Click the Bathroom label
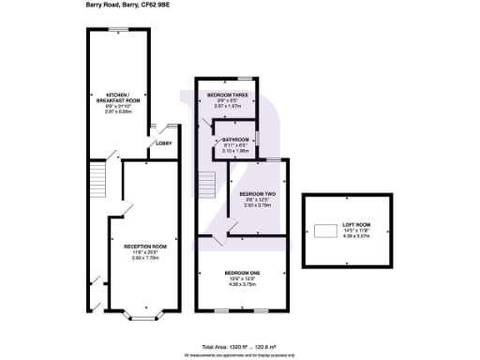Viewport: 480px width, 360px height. [x=236, y=139]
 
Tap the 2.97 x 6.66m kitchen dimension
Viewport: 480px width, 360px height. [x=116, y=111]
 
